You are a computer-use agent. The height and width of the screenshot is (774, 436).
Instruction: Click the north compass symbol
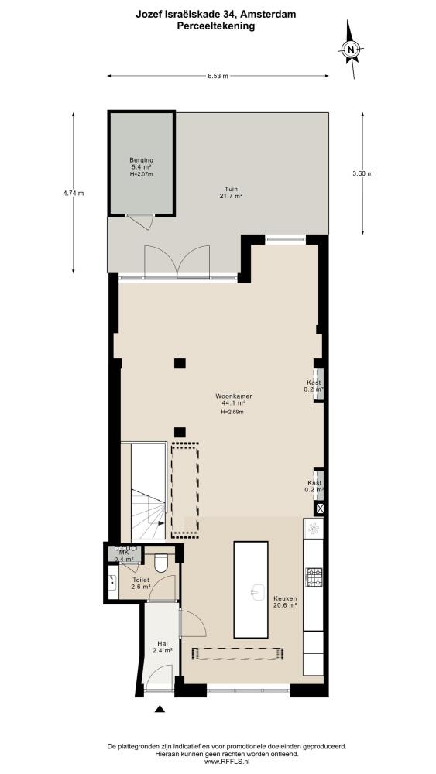(351, 50)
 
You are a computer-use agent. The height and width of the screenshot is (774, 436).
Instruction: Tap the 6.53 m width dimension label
(218, 76)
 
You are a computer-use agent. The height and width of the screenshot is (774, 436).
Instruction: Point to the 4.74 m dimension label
(74, 193)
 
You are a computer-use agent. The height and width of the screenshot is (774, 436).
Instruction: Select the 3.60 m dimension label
(362, 173)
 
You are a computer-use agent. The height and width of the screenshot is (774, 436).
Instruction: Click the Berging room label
(141, 160)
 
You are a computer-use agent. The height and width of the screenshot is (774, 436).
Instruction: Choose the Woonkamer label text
(230, 396)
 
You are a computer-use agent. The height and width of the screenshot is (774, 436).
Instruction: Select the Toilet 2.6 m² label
(141, 584)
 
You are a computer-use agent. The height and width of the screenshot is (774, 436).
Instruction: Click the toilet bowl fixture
(161, 562)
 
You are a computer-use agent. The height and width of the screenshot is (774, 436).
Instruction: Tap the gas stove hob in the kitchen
(314, 576)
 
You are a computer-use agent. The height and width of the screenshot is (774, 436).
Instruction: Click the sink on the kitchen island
(256, 591)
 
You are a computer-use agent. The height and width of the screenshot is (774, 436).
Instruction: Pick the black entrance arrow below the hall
(159, 709)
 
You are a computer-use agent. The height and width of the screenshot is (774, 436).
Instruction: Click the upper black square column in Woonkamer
(180, 363)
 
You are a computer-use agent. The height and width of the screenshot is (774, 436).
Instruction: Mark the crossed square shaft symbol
(318, 509)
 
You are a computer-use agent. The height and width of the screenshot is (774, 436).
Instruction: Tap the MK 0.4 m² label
(122, 556)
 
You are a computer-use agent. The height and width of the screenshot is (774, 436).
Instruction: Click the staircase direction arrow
(158, 522)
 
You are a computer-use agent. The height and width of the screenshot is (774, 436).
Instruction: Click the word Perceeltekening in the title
(216, 26)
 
